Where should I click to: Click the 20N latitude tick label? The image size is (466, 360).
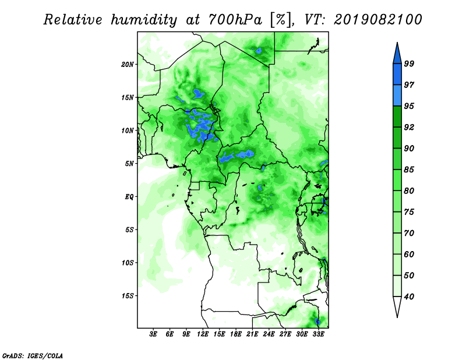(128, 65)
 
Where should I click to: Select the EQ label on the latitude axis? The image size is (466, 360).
(129, 197)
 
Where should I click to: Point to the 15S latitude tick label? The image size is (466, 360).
(128, 296)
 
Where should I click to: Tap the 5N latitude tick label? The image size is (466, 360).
(129, 164)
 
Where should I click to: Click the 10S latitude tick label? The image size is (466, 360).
(128, 263)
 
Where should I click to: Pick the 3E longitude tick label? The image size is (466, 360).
(153, 334)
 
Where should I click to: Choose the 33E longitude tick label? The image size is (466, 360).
(318, 334)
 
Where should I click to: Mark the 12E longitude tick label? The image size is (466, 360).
(203, 334)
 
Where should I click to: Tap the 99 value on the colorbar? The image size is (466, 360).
(409, 63)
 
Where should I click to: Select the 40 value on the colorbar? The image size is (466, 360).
(409, 297)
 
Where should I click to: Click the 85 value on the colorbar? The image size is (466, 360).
(409, 170)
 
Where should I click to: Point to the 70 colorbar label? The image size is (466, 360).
(409, 233)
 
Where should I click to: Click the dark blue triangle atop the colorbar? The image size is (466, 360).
(397, 55)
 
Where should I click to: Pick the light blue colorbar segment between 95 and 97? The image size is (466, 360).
(397, 96)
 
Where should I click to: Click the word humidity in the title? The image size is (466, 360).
(144, 20)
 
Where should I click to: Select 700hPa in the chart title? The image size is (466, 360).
(235, 20)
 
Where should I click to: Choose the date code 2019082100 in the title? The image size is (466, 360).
(377, 20)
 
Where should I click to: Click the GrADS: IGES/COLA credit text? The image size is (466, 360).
(33, 355)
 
